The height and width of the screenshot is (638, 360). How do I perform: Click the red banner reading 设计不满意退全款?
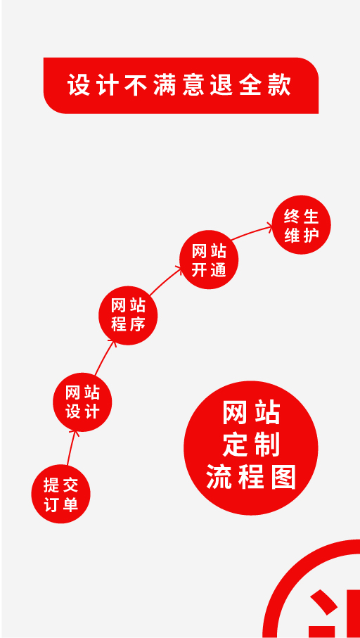click(x=181, y=85)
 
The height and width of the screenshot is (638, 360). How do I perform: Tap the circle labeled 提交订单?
click(x=60, y=494)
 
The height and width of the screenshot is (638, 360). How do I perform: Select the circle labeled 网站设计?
click(x=82, y=402)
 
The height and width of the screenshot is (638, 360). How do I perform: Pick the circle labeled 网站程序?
click(x=128, y=315)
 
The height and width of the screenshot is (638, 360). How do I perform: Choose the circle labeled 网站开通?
click(x=209, y=260)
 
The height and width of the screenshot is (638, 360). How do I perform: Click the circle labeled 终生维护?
click(x=301, y=224)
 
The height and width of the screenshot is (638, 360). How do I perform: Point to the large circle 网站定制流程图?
click(x=251, y=448)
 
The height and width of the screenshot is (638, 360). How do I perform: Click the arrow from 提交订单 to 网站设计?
click(x=71, y=447)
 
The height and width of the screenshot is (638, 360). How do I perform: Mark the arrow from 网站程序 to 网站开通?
click(x=165, y=280)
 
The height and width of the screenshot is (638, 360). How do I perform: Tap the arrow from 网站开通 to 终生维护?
click(x=251, y=232)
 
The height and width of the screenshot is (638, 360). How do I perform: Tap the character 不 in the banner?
click(x=136, y=85)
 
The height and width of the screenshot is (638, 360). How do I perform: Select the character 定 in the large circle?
click(x=236, y=445)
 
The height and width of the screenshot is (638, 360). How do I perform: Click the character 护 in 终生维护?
click(x=311, y=235)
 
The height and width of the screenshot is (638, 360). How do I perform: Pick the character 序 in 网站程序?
click(x=137, y=325)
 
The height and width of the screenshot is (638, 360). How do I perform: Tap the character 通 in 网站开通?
click(x=218, y=270)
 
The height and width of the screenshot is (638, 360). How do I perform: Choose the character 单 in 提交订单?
click(x=70, y=504)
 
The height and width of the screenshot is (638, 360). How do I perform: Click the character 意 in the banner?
click(x=193, y=85)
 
